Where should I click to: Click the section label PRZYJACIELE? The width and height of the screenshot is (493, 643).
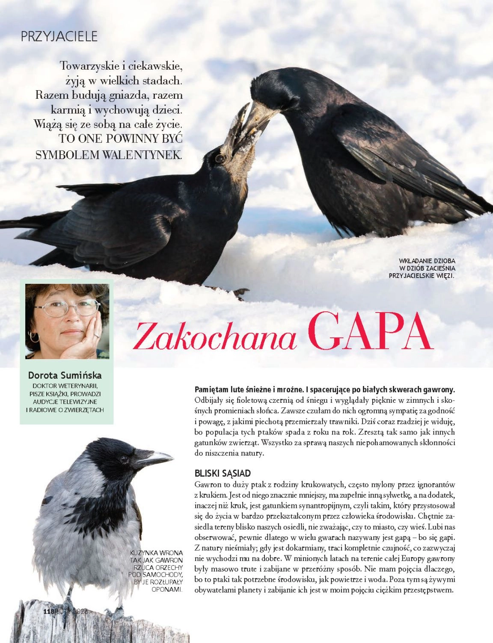(59, 36)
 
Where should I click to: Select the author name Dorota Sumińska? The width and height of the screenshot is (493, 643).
(65, 375)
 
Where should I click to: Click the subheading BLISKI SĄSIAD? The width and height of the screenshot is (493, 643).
(223, 473)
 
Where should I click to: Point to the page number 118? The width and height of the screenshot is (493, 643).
(49, 611)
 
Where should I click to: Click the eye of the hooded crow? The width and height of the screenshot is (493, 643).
(125, 460)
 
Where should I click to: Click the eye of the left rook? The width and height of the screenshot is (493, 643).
(220, 159)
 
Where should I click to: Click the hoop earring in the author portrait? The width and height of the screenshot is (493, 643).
(34, 336)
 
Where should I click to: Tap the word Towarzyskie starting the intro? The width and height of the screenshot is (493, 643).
(89, 66)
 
